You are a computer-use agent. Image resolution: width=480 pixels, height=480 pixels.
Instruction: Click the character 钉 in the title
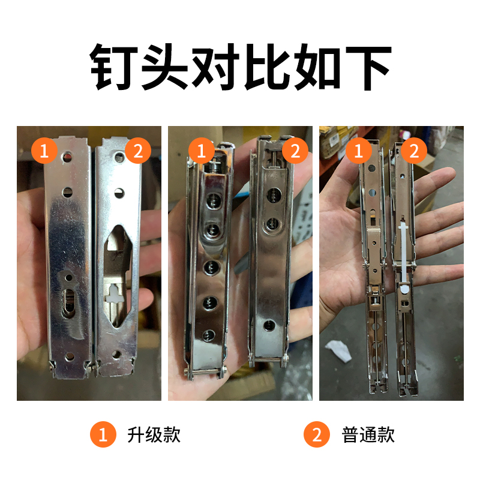point(115,67)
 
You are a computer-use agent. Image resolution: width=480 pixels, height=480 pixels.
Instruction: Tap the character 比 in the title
point(264,67)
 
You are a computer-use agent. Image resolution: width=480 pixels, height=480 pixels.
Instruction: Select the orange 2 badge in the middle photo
point(294,151)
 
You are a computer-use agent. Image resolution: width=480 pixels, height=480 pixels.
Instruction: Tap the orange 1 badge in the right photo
point(359,151)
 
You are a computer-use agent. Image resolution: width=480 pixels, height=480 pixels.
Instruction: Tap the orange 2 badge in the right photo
point(414,151)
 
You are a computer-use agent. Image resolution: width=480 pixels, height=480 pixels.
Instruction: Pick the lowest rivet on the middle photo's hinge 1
point(210,335)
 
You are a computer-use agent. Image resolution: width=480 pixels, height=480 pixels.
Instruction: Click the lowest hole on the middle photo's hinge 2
point(268,326)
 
